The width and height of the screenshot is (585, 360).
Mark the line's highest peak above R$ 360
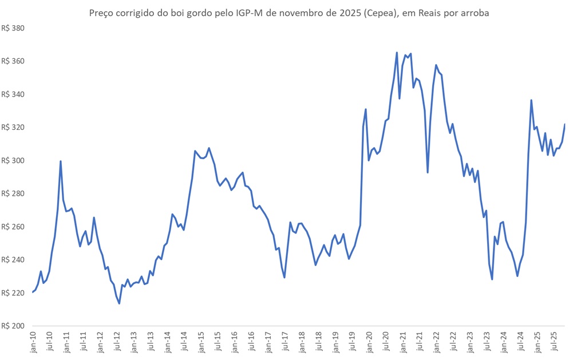click(397, 53)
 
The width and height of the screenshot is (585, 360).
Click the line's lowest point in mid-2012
click(119, 303)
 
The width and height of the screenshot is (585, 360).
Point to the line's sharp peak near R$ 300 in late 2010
click(61, 161)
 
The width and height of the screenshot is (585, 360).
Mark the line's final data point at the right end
click(565, 124)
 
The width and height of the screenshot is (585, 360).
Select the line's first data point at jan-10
click(33, 292)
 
